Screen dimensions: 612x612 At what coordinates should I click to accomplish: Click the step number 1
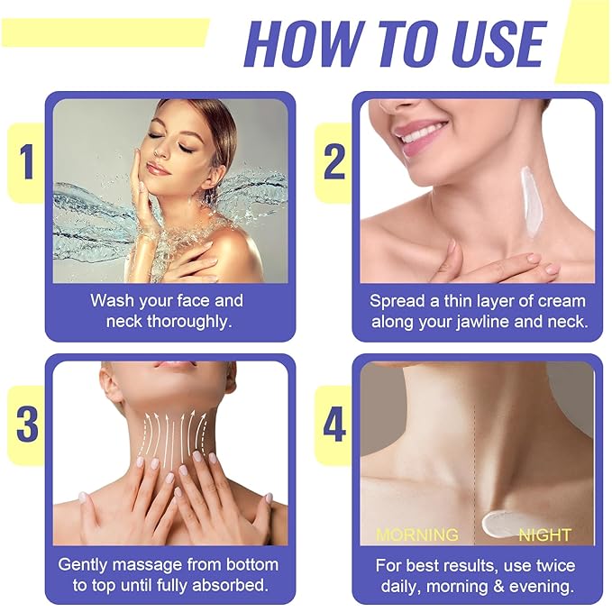[27, 162]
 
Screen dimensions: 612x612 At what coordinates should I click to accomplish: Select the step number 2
[334, 162]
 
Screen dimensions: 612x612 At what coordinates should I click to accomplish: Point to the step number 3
[27, 425]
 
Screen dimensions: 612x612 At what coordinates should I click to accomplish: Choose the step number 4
[334, 425]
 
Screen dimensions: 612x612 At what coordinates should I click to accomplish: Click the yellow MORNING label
[416, 535]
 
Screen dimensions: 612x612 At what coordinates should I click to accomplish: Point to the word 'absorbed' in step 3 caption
[229, 586]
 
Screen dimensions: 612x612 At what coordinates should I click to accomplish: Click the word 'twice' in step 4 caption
[550, 565]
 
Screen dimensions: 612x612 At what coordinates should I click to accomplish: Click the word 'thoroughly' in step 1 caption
[185, 322]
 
